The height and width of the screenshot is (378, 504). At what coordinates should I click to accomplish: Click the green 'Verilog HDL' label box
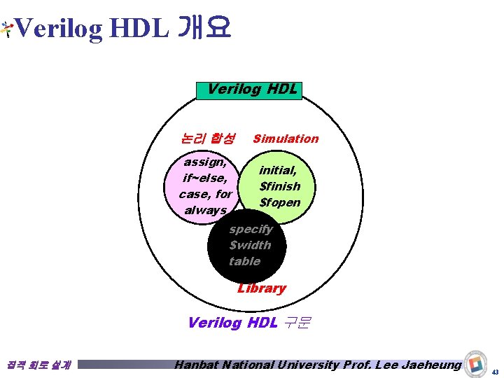[250, 90]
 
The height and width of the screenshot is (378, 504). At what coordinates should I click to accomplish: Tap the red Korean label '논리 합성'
[207, 139]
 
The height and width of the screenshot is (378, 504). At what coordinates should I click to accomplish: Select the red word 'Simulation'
[286, 139]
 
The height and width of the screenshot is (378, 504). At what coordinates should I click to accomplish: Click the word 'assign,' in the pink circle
[204, 162]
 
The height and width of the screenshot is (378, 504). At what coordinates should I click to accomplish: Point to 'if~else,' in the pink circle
[204, 178]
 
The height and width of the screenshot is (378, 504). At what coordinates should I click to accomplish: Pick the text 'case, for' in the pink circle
[205, 194]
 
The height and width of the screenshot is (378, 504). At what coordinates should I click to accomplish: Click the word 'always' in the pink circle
[205, 210]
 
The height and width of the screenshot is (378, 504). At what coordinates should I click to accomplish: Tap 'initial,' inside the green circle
[278, 170]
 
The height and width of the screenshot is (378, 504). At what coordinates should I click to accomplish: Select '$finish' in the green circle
[279, 186]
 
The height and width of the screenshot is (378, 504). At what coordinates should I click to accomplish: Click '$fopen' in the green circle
[279, 202]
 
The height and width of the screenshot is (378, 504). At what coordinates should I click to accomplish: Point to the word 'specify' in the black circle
[251, 229]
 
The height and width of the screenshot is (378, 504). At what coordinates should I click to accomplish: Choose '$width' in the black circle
[250, 245]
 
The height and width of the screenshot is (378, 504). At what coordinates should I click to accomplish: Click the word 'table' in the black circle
[244, 261]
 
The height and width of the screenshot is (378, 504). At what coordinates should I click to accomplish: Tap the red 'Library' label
[262, 288]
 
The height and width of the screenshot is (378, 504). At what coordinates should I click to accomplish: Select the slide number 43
[495, 371]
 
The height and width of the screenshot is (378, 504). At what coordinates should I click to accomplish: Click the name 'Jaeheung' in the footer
[430, 365]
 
